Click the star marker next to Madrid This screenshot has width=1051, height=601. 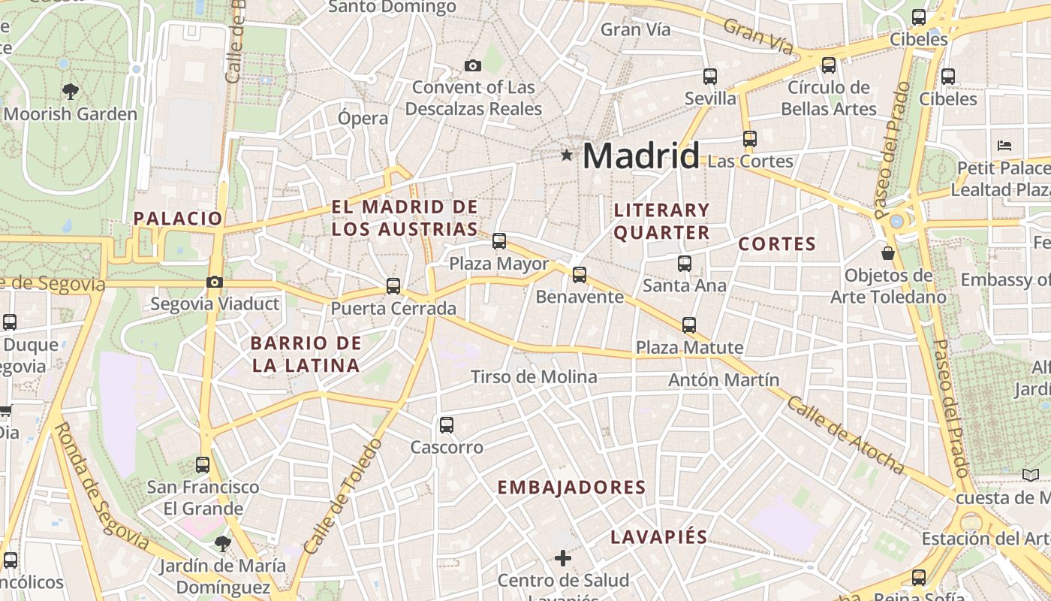point(567,156)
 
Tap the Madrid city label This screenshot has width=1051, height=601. point(640,156)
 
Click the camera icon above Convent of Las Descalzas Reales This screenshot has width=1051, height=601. point(472,65)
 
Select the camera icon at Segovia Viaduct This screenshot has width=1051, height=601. point(215,282)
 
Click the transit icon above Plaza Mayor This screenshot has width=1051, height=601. point(499,242)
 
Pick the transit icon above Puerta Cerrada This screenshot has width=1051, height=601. point(393,286)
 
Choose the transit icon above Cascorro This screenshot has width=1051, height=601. point(447,425)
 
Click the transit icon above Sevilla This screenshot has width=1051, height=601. point(710,77)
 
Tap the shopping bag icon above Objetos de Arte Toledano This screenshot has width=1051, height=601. point(888,253)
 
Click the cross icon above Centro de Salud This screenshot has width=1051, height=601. point(563,558)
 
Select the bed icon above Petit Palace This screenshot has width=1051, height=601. point(1004,146)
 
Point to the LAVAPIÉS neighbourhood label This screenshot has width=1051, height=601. point(658,536)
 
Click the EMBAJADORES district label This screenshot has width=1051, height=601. point(571,487)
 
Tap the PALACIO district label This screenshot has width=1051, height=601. point(178,219)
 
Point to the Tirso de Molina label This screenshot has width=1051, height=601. point(534,376)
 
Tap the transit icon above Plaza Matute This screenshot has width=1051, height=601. point(689,325)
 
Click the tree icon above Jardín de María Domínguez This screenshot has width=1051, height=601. point(221,543)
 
